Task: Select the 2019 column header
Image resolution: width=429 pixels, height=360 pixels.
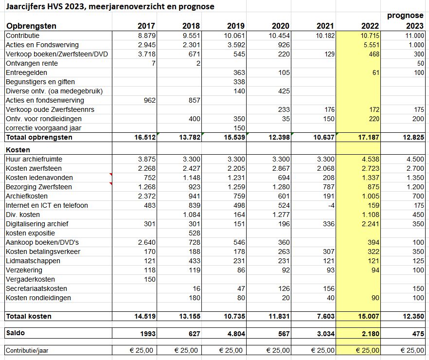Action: click(235, 26)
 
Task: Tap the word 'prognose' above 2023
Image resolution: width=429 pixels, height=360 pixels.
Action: click(405, 16)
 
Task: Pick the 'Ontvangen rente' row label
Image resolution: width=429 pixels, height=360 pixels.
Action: click(32, 63)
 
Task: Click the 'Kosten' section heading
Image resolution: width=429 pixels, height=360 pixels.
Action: click(18, 150)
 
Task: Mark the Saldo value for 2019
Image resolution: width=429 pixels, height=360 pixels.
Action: click(235, 333)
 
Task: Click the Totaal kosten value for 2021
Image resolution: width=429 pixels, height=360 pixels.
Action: click(325, 316)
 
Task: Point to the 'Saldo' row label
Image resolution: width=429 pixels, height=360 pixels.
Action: click(17, 333)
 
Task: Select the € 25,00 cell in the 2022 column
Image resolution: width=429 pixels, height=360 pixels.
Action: click(364, 350)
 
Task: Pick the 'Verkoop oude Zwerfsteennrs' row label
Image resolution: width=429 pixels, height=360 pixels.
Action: click(50, 109)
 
